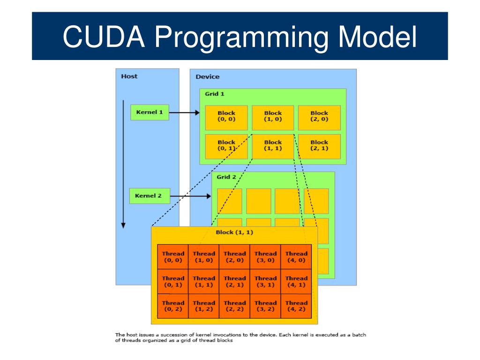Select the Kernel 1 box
pyautogui.click(x=150, y=112)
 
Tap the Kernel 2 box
pyautogui.click(x=149, y=196)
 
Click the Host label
pyautogui.click(x=129, y=76)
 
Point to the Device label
pyautogui.click(x=207, y=77)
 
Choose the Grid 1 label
pyautogui.click(x=214, y=94)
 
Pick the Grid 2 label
pyautogui.click(x=226, y=177)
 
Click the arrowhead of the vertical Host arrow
pyautogui.click(x=124, y=225)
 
